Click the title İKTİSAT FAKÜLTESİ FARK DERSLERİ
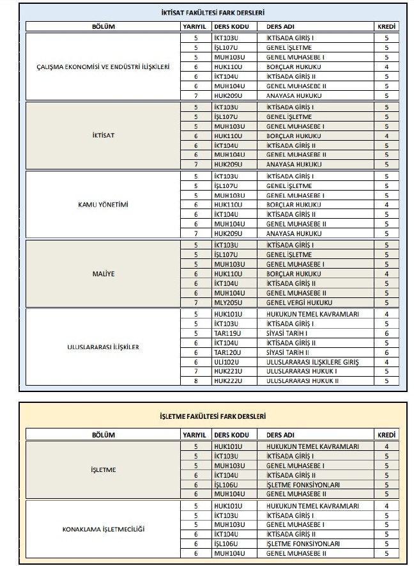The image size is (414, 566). click(213, 12)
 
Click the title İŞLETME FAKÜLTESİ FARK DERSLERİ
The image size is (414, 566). click(213, 417)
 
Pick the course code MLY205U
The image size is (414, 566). click(228, 303)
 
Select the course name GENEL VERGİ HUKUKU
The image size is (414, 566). click(295, 303)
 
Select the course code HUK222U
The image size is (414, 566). click(228, 381)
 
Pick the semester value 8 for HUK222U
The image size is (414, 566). click(197, 381)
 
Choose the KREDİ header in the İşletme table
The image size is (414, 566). click(387, 435)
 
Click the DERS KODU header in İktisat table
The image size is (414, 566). click(231, 28)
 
